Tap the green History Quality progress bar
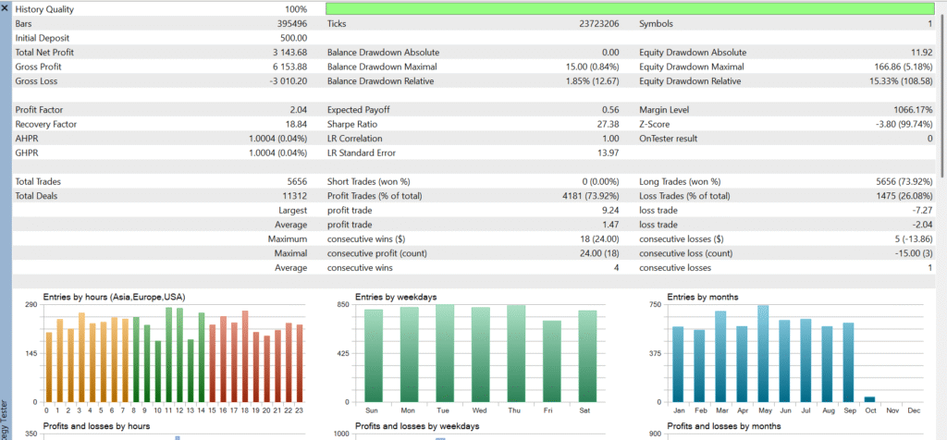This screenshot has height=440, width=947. point(630,9)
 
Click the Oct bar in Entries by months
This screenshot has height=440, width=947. point(868,399)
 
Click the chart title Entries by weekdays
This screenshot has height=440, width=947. point(397,297)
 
